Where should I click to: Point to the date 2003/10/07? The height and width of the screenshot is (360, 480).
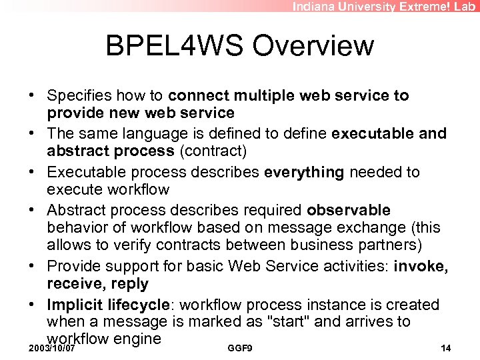pos(51,349)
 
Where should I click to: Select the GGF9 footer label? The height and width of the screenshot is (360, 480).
pos(239,349)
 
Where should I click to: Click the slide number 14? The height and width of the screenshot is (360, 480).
pos(446,349)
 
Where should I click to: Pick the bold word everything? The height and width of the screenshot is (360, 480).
pos(304,172)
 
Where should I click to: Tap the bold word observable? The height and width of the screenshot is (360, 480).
pos(349,211)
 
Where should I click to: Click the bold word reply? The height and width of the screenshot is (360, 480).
pos(130,285)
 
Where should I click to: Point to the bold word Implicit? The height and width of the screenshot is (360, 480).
pos(73,305)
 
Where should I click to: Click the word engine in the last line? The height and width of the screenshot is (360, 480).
pos(137,339)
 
